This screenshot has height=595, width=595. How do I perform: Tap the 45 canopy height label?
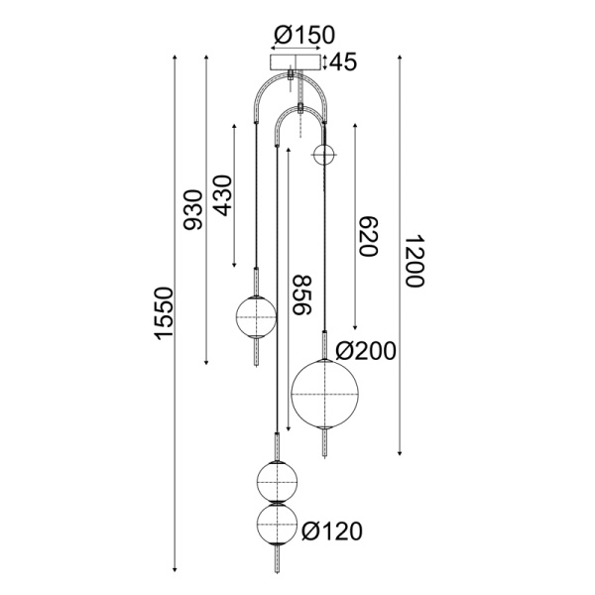[342, 62]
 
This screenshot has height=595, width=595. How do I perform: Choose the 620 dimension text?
[367, 236]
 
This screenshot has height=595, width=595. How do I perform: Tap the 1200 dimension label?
[414, 262]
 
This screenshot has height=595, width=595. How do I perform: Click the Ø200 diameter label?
[366, 350]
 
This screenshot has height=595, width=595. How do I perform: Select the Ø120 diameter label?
[331, 532]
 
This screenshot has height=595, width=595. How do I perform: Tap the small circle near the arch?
[324, 155]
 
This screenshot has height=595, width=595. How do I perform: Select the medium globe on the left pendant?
[255, 318]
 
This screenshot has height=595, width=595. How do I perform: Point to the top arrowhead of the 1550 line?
[176, 59]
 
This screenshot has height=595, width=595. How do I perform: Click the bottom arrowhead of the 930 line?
[205, 362]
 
